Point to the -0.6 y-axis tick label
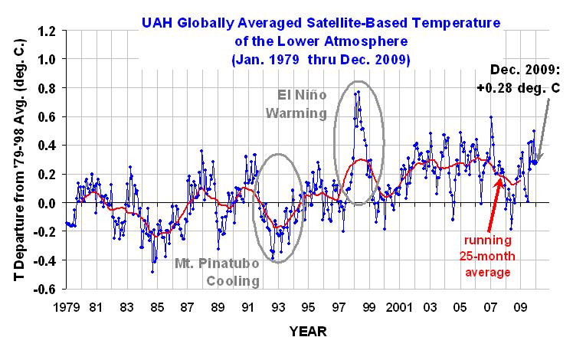click(x=46, y=290)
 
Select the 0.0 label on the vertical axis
click(x=48, y=203)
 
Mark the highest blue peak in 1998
click(x=358, y=91)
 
